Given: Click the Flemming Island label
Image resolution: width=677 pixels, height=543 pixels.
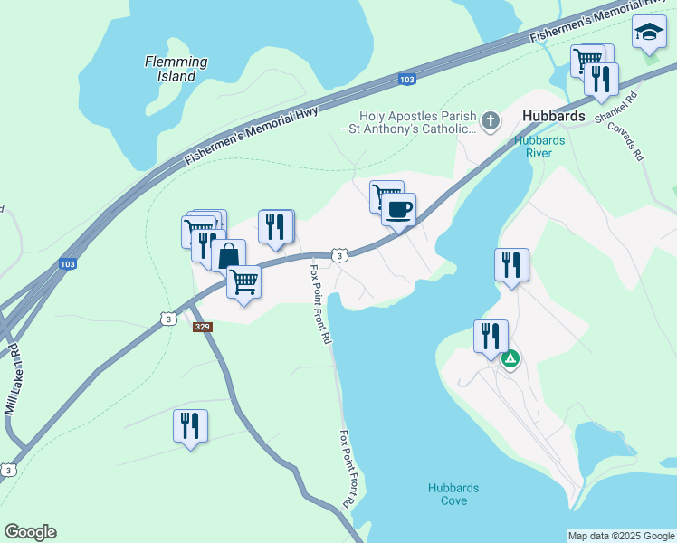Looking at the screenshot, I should coord(176,69).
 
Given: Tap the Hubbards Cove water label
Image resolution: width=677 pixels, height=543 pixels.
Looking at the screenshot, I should coord(453,494).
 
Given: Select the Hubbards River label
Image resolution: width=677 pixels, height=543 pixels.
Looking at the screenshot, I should coord(539,147).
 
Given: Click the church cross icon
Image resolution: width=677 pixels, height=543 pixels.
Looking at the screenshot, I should coord(490,121).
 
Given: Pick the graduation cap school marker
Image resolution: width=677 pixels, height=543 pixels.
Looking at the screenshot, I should coord(648,33).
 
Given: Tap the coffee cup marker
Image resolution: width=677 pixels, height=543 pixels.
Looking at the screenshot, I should coord(398,211).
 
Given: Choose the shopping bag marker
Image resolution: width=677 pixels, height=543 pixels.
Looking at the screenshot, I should coord(229,254).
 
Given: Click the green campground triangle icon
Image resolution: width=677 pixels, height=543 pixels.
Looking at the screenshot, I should coord(510,358).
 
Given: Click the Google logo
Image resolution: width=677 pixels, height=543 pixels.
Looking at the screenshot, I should coord(30,532).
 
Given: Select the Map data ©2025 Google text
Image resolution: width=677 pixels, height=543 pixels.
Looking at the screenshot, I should coord(620,536).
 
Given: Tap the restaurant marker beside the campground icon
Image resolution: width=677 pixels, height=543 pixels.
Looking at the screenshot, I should coord(491,336).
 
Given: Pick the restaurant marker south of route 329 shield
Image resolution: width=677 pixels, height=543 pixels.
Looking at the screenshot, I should coord(190,425).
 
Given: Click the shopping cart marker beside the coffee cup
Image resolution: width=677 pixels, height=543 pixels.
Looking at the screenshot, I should coord(385,195).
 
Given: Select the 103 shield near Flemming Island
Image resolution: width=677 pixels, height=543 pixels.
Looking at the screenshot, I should coord(407,81).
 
